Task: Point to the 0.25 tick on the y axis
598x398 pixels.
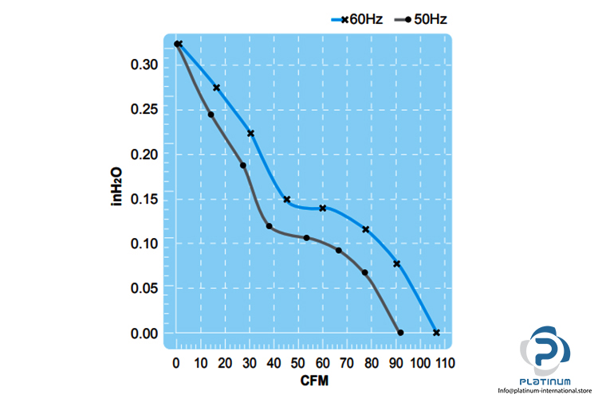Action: tap(146, 109)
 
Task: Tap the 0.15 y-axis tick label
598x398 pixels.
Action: tap(146, 198)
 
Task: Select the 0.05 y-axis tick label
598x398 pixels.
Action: tap(146, 287)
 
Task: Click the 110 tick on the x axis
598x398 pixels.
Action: tap(444, 364)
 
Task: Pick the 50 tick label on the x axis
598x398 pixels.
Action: tap(298, 364)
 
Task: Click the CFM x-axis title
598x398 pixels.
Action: tap(313, 381)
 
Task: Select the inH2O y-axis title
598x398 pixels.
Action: tap(116, 187)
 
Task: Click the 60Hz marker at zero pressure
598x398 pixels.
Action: tap(436, 332)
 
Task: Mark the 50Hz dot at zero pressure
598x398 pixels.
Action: tap(400, 332)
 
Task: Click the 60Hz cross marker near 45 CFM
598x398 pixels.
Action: tap(287, 199)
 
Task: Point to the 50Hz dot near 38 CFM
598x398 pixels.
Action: tap(269, 226)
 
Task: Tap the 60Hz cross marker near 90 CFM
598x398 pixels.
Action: tap(396, 263)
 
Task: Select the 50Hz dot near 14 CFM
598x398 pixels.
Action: tap(211, 115)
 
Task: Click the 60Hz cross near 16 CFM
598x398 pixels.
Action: tap(216, 88)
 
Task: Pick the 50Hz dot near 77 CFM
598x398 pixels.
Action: tap(365, 273)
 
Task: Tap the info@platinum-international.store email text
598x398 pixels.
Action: tap(545, 391)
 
